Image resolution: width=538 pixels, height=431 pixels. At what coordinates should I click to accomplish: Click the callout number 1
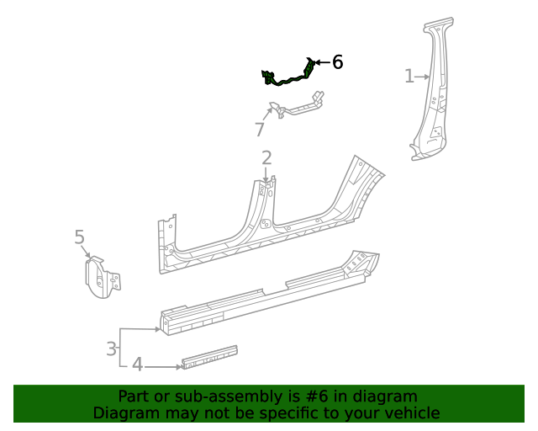[x=409, y=77]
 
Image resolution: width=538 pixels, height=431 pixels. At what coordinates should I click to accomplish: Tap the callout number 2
[x=266, y=157]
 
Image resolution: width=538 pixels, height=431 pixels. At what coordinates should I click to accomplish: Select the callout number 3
[x=111, y=348]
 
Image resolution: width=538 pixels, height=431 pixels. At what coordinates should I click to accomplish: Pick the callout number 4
[x=136, y=365]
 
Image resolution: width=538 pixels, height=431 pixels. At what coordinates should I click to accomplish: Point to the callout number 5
[x=80, y=237]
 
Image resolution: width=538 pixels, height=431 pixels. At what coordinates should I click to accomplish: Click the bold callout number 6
[x=337, y=61]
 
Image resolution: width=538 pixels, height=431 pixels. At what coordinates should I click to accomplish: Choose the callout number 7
[x=260, y=130]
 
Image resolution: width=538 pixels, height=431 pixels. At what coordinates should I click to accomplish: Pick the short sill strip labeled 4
[x=209, y=357]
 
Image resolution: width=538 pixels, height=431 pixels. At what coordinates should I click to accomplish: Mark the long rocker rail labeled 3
[x=269, y=290]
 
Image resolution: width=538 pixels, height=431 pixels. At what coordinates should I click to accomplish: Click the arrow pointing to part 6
[x=322, y=61]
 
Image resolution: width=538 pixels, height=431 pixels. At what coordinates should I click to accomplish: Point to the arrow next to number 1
[x=424, y=77]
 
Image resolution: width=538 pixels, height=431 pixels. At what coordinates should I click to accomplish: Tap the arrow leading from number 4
[x=164, y=365]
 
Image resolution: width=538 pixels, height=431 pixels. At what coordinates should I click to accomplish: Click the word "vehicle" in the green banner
[x=411, y=412]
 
